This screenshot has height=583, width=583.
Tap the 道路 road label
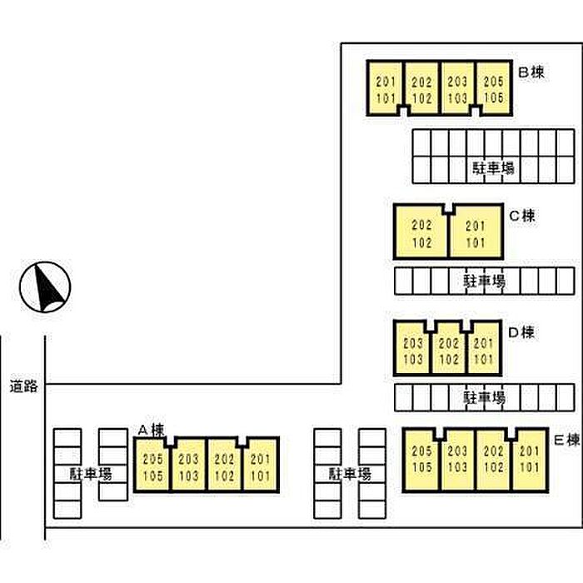tap(24, 386)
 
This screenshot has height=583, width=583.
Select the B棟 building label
tap(531, 73)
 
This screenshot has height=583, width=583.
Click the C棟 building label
tap(522, 216)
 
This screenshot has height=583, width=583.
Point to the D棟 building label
tap(521, 333)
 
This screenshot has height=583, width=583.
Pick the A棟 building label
tap(151, 430)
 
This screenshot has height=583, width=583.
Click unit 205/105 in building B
tap(493, 89)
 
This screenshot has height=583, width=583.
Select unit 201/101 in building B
tap(386, 89)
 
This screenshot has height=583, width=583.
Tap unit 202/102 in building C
tap(421, 232)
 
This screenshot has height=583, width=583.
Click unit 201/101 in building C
tap(475, 232)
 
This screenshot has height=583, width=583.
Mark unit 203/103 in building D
tap(412, 350)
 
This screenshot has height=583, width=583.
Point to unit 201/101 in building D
tap(483, 350)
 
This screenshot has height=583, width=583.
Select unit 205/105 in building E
tap(421, 459)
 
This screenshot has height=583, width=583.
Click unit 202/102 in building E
tap(493, 459)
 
